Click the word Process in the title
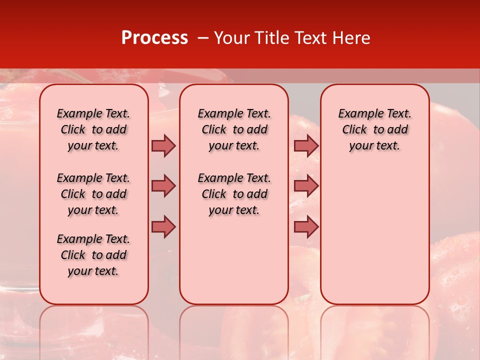click(x=154, y=38)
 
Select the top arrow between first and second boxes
click(x=163, y=146)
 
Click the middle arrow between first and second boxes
click(x=163, y=186)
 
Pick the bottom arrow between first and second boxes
click(x=163, y=226)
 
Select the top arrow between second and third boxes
click(x=306, y=146)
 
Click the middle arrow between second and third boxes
click(x=306, y=186)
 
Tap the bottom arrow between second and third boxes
click(x=306, y=226)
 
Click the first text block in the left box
click(x=93, y=129)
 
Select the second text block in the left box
click(x=93, y=194)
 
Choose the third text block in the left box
click(x=93, y=255)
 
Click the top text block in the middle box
click(x=234, y=129)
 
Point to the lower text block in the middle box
click(x=234, y=194)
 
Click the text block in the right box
click(x=374, y=129)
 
